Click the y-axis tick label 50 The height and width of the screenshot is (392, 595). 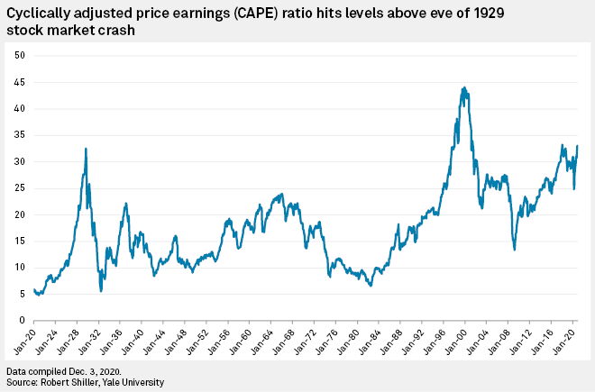point(17,56)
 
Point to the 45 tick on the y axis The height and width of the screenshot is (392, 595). point(17,82)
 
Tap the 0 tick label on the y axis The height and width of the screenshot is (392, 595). point(20,320)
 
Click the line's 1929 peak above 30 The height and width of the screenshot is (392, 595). point(86,149)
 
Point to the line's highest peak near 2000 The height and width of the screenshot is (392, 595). point(463,87)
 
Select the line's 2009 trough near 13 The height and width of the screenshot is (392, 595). point(514,249)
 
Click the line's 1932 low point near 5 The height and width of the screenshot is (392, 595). point(101,290)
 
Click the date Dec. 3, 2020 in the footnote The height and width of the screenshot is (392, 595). point(87,370)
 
